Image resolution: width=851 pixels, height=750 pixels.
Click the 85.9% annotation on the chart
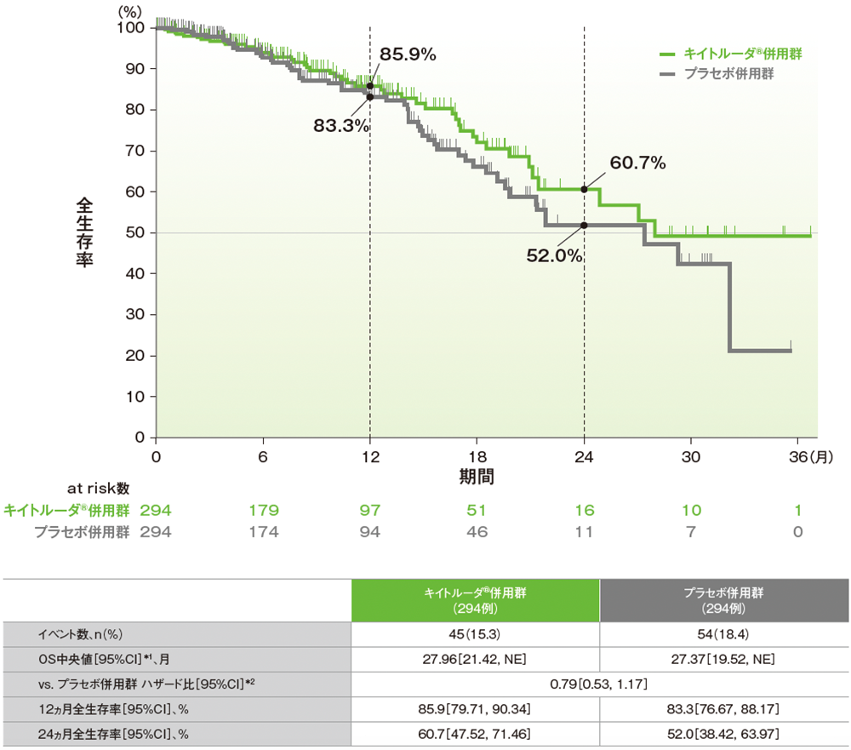click(408, 54)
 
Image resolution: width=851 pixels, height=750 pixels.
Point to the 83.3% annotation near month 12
click(341, 125)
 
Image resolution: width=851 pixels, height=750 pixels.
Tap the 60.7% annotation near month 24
click(637, 163)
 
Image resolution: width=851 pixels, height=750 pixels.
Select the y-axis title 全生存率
click(85, 232)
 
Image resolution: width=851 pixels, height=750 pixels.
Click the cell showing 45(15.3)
click(476, 634)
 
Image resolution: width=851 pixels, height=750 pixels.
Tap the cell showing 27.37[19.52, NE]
click(724, 659)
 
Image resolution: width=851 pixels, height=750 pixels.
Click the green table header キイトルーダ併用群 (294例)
click(476, 600)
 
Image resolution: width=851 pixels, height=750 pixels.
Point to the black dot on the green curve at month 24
click(584, 189)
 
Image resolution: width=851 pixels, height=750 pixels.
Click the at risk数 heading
click(99, 489)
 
